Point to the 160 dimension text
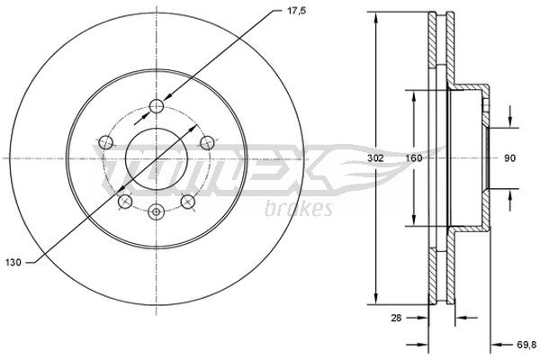point(414,158)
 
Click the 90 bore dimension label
point(509,158)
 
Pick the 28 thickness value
point(394,318)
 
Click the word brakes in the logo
point(300,209)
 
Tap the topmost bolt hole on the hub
point(157,105)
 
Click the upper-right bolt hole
point(208,140)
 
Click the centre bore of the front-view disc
point(157,159)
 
